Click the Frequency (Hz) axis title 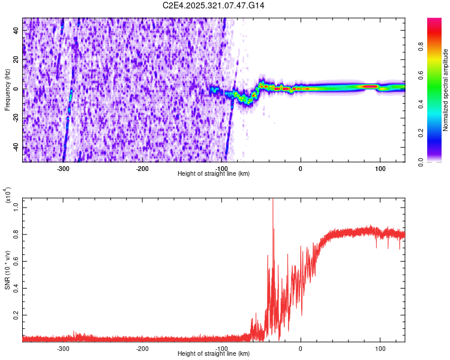(x=8, y=90)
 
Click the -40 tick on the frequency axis (x=15, y=148)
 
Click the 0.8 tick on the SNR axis (x=16, y=233)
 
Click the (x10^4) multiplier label (x=8, y=194)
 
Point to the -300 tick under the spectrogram (x=64, y=168)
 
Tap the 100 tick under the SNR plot (x=380, y=348)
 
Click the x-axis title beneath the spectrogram (x=214, y=174)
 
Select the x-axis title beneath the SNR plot (x=214, y=354)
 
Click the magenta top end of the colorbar (x=434, y=21)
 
